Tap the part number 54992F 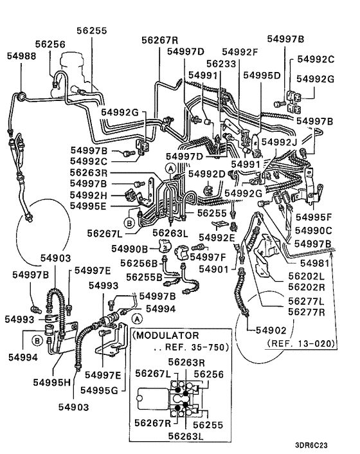pyautogui.click(x=240, y=51)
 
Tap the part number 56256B pyautogui.click(x=141, y=264)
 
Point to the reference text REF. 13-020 pyautogui.click(x=302, y=344)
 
